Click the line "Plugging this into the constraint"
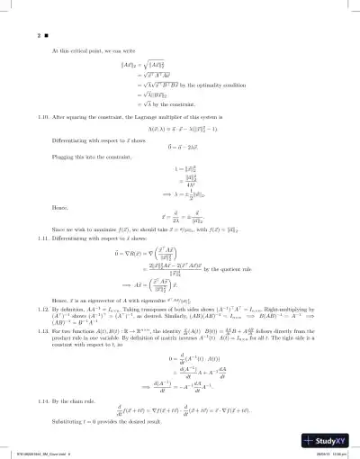point(99,184)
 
